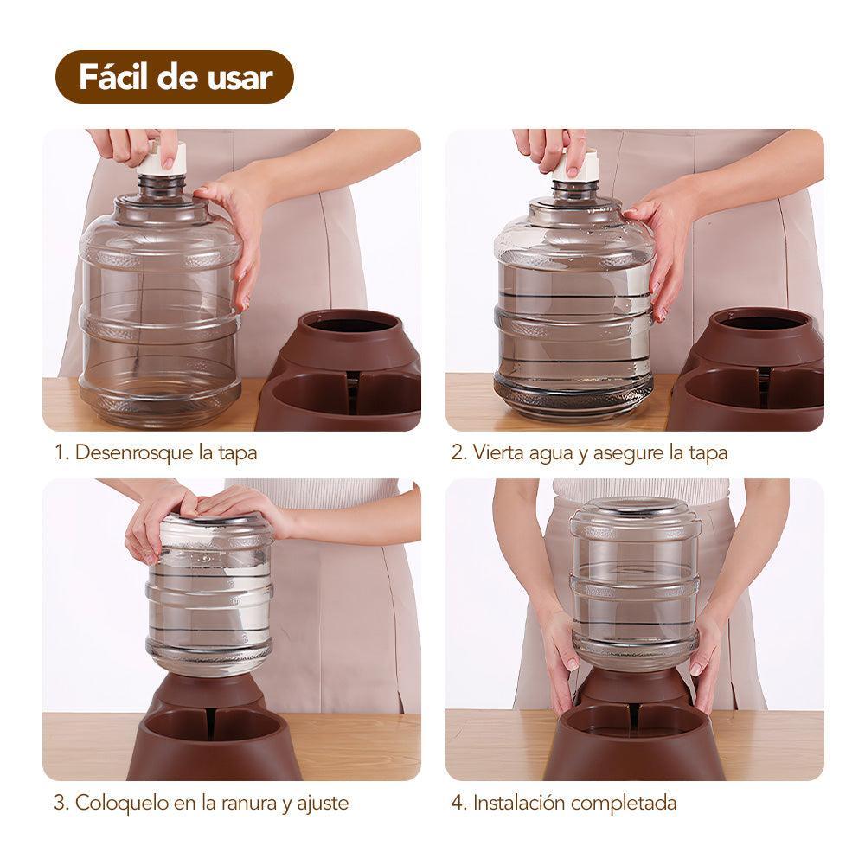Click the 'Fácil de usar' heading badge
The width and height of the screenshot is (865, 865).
point(175,77)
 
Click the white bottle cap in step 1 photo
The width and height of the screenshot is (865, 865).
point(161,158)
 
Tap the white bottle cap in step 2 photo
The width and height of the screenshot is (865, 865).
point(575,164)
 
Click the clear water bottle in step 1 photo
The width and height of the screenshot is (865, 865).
point(160,311)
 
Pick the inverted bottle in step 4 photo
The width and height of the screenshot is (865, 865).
point(634,584)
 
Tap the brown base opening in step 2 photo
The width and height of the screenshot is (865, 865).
point(761,323)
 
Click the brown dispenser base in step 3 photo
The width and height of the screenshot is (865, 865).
point(212,735)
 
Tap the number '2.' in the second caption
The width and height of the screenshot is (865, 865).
point(458,452)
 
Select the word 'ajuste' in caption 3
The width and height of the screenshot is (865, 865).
point(323,803)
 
